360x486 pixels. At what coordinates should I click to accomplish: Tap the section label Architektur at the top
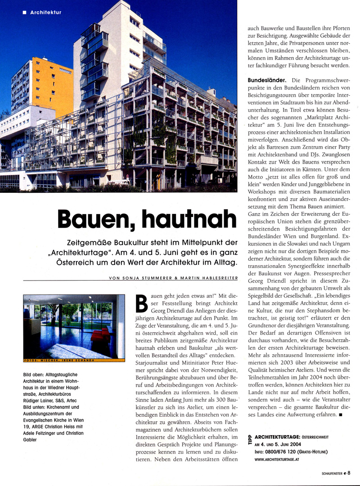45,12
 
